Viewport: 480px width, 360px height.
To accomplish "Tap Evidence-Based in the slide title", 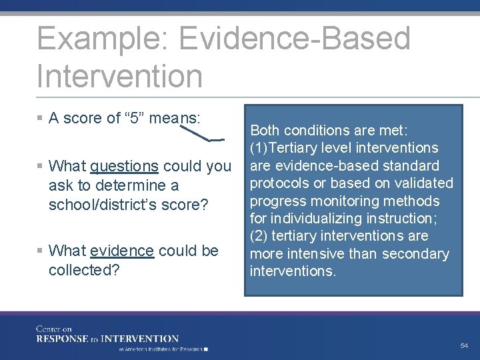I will coord(295,38).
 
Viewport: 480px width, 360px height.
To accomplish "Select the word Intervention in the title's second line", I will coord(119,75).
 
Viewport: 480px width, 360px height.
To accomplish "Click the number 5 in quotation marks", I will coord(135,119).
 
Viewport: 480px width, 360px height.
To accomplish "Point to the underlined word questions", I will coord(124,166).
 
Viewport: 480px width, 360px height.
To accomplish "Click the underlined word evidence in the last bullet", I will coord(122,251).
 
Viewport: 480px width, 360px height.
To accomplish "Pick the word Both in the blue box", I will coord(265,131).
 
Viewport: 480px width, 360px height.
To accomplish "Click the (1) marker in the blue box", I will coord(258,148).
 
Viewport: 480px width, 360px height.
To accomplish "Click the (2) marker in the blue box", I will coord(258,236).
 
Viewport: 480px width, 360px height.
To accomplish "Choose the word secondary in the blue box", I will coord(419,254).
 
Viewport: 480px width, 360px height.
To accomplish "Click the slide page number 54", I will coord(464,345).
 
